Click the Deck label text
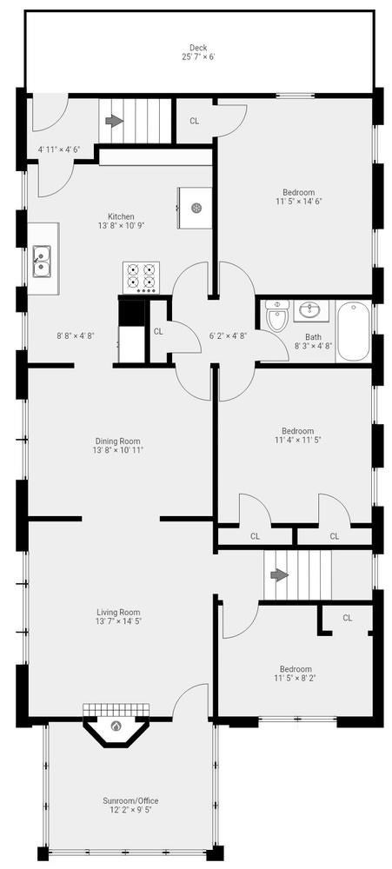coord(198,48)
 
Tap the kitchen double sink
coord(41,262)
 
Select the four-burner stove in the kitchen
coord(141,277)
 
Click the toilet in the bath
coord(275,315)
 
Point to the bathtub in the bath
coord(353,331)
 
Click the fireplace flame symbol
coord(116,726)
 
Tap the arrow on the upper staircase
coord(114,122)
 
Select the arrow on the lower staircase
coord(280,575)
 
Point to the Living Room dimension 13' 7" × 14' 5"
coord(119,621)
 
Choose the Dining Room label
coord(117,441)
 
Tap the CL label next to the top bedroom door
coord(194,121)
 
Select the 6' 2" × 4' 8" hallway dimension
coord(228,335)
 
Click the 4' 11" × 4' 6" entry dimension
coord(59,149)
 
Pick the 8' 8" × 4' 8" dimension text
coord(76,335)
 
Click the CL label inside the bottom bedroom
coord(347,618)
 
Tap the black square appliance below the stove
coord(132,312)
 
